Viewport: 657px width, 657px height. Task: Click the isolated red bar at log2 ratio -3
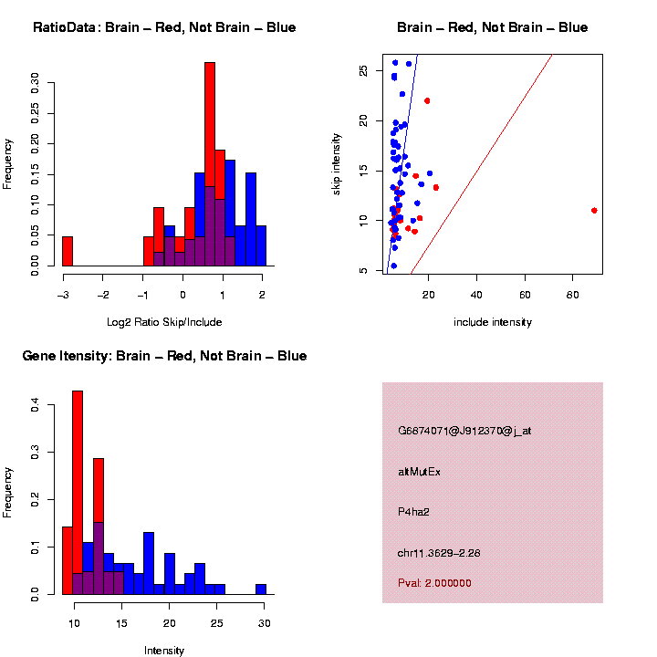[x=68, y=251]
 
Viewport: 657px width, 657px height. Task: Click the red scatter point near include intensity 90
[x=594, y=210]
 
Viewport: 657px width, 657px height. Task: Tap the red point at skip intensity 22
[x=427, y=100]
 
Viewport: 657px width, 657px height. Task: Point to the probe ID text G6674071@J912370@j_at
[x=464, y=431]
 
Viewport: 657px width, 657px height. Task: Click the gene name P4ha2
[x=413, y=512]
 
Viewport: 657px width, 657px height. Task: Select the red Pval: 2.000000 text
[x=434, y=583]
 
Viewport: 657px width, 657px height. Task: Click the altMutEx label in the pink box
[x=419, y=472]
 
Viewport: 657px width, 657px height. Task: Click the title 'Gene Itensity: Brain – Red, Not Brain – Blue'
[x=165, y=356]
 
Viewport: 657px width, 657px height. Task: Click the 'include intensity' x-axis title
[x=493, y=322]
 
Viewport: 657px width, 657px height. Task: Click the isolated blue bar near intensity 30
[x=261, y=589]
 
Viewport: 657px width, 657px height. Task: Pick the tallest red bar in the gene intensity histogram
[x=78, y=493]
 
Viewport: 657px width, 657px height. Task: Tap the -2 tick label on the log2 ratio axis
[x=103, y=294]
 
